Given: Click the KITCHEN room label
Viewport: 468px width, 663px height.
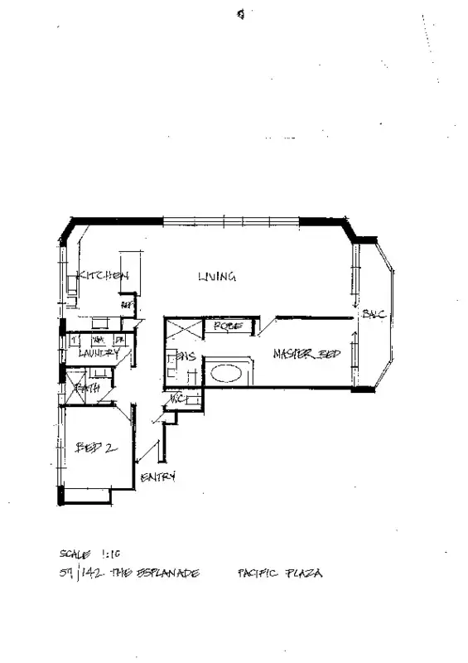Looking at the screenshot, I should pos(104,276).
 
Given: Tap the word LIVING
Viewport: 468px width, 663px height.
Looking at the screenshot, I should pos(217,277).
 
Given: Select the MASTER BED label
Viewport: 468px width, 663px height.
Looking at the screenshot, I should pos(306,355).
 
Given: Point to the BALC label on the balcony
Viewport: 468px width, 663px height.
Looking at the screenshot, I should pos(370,313).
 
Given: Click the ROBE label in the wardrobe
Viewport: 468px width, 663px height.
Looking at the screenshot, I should pos(228,327).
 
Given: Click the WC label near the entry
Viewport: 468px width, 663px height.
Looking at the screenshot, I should pos(176,399).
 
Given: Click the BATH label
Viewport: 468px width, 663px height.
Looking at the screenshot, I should pos(87,387).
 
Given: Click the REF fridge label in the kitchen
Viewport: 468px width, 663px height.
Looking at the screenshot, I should pos(127,305).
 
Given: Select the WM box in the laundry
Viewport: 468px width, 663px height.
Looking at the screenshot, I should pos(97,340).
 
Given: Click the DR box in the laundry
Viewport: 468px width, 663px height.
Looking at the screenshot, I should pos(118,340).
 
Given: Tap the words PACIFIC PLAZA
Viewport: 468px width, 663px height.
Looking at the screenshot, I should pos(279,573).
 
